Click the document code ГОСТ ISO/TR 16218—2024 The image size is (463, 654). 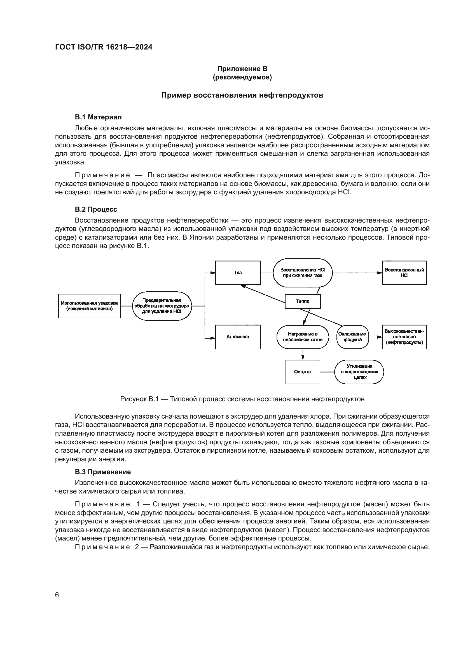tap(104, 47)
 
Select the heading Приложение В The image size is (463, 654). tap(242, 69)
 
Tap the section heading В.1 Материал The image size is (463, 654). tap(98, 117)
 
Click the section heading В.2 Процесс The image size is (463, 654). tap(96, 209)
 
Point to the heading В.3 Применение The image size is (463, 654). tap(103, 472)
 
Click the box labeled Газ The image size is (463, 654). tap(238, 273)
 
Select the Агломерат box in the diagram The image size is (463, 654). tap(238, 337)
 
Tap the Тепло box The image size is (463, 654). tap(303, 301)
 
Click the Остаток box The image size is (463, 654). tap(303, 372)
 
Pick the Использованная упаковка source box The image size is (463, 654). tap(89, 306)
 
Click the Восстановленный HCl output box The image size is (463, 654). tap(404, 273)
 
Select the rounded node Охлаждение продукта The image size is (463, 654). tap(352, 337)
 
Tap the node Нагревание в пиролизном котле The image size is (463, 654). tap(303, 337)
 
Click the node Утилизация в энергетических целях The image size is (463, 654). tap(359, 372)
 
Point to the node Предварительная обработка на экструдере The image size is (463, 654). tap(162, 306)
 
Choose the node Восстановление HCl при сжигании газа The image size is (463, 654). tap(303, 273)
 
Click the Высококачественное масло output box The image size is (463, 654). tap(404, 337)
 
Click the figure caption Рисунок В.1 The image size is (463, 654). tap(242, 399)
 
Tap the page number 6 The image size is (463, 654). tap(57, 595)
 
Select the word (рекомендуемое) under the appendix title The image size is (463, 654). tap(242, 77)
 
